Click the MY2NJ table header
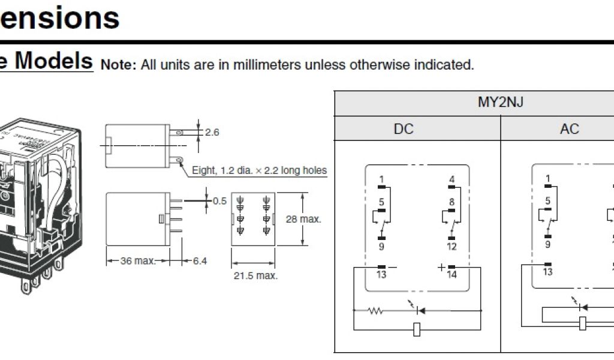click(x=500, y=102)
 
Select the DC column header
click(x=404, y=129)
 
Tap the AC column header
click(x=569, y=129)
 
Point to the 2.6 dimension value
click(x=212, y=132)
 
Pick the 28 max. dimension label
click(x=303, y=219)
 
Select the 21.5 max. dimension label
click(x=255, y=276)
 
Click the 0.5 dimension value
click(x=219, y=200)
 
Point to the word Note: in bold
click(x=119, y=65)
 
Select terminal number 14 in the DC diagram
click(x=452, y=275)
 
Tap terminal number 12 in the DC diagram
click(x=452, y=247)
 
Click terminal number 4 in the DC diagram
click(x=452, y=179)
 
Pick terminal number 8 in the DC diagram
click(x=452, y=202)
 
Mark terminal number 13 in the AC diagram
click(x=547, y=272)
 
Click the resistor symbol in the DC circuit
click(x=376, y=311)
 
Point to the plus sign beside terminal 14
click(x=442, y=267)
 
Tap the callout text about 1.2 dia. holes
click(x=259, y=170)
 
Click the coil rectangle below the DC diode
click(x=417, y=328)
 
